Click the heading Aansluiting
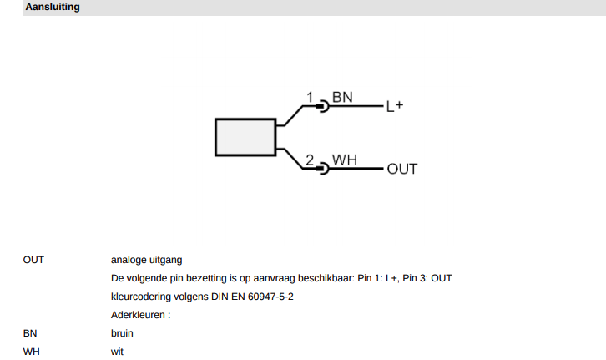point(53,7)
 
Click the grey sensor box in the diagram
point(245,137)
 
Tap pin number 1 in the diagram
point(310,97)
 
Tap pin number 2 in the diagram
point(310,160)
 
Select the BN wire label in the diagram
point(342,97)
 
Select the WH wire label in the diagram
point(345,160)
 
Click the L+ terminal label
point(395,106)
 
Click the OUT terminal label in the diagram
point(402,169)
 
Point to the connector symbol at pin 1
point(323,106)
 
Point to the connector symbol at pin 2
point(323,169)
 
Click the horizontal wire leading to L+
point(356,106)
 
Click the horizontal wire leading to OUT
point(356,169)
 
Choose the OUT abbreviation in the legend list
point(33,260)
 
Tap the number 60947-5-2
point(270,297)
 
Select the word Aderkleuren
point(138,315)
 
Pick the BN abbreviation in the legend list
point(30,333)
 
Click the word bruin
point(122,333)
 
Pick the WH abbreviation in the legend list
point(32,352)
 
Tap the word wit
point(117,352)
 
